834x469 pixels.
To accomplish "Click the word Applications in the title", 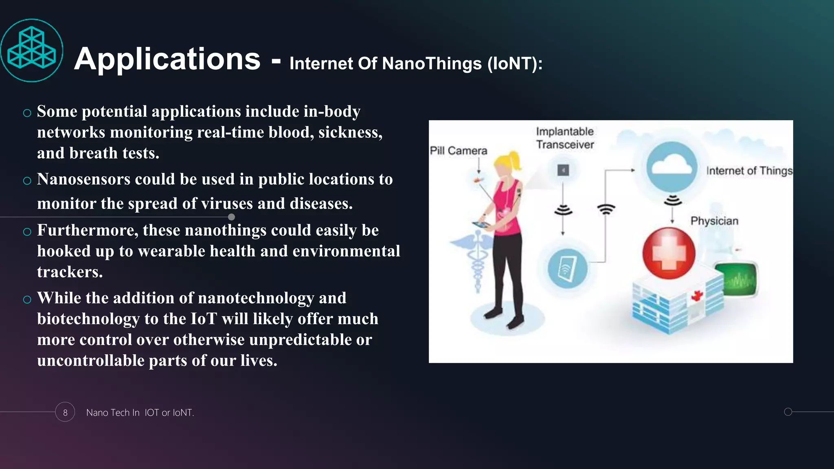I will (x=167, y=59).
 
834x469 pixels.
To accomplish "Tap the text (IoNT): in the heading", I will (x=515, y=64).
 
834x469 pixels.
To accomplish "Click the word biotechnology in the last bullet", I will (x=88, y=319).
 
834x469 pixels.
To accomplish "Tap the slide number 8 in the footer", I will (x=65, y=412).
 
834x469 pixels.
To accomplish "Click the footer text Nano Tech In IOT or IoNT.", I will (x=140, y=412).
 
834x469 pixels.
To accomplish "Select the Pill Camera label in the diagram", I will (x=459, y=151).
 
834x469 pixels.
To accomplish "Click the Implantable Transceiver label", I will (x=565, y=138).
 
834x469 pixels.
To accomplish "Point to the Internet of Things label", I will (x=749, y=171).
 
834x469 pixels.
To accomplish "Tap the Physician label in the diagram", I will (x=714, y=221).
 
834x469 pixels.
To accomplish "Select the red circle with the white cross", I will (x=669, y=253).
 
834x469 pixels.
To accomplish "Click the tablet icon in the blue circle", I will (x=568, y=269).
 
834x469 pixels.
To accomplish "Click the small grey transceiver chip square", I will (x=563, y=170).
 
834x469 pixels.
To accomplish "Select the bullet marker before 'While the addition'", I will (x=27, y=300).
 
